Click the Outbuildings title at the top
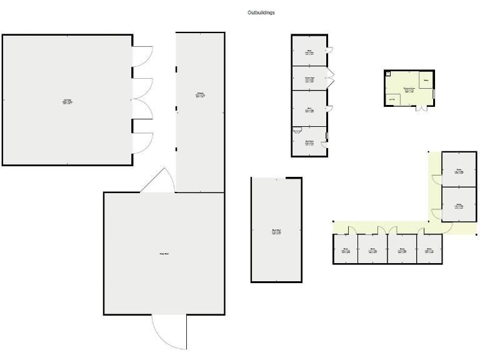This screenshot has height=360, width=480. (261, 12)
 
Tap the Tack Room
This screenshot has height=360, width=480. (309, 142)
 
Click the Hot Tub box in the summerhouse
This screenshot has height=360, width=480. (393, 99)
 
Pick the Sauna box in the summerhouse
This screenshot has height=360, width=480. (426, 81)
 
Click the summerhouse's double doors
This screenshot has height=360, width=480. (422, 109)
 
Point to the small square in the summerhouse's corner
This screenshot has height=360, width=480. (389, 74)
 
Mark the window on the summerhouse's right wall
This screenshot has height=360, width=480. (434, 93)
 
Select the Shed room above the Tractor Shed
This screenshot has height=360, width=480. (309, 52)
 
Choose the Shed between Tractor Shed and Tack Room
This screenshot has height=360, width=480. (309, 109)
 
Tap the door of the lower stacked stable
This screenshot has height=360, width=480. (435, 213)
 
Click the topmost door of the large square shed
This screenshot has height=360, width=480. (142, 56)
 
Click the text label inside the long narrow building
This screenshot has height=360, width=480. (201, 95)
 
